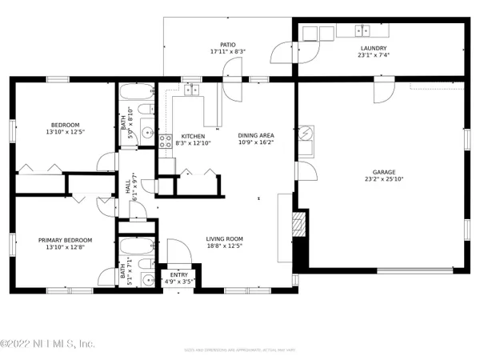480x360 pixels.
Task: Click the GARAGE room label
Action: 384,172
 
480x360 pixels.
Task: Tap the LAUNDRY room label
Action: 374,48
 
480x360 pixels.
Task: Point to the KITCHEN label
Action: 194,136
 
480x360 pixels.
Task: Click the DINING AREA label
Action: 256,136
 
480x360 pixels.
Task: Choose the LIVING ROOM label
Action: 224,238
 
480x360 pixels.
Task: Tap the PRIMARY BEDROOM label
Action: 66,240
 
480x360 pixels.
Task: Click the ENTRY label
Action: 179,274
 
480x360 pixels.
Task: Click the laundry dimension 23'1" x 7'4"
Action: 374,56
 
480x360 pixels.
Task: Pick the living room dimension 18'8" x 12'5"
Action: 224,246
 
